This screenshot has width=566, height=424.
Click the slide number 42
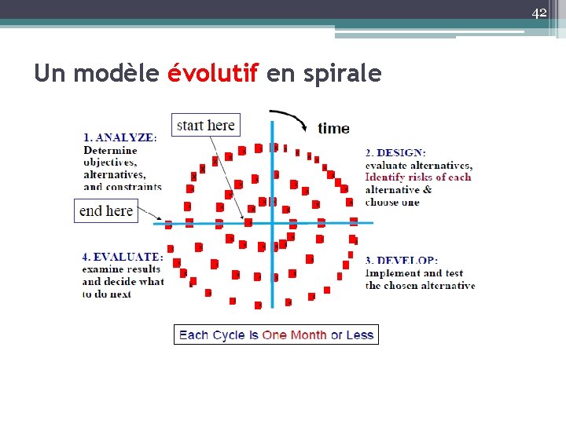[x=538, y=13]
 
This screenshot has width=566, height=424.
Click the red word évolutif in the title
[x=212, y=74]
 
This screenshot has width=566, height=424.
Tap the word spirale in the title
[x=344, y=75]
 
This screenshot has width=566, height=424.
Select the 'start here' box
[x=206, y=125]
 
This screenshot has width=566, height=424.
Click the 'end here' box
[x=106, y=210]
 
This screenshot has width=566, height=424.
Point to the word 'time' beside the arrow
[x=333, y=128]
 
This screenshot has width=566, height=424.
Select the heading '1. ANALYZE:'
[x=119, y=137]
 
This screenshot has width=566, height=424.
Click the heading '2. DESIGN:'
[x=395, y=152]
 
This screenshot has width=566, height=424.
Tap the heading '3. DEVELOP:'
[x=401, y=261]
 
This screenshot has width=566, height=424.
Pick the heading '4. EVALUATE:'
[x=123, y=257]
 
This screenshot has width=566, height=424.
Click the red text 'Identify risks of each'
[x=418, y=177]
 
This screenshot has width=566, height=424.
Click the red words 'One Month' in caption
[x=294, y=335]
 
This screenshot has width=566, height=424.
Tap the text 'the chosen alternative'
[x=420, y=286]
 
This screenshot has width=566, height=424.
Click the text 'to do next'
[x=107, y=294]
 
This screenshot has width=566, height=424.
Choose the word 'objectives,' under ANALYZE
[x=110, y=163]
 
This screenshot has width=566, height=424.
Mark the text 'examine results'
[x=121, y=269]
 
